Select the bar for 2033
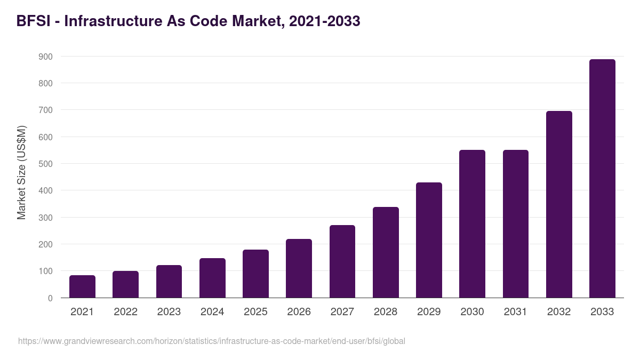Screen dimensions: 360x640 pyautogui.click(x=602, y=179)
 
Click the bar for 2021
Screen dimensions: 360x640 pyautogui.click(x=82, y=287)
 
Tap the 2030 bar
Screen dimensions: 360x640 pyautogui.click(x=472, y=224)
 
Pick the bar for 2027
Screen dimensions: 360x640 pyautogui.click(x=342, y=261)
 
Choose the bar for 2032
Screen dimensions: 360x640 pyautogui.click(x=559, y=204)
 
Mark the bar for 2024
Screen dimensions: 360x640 pyautogui.click(x=212, y=278)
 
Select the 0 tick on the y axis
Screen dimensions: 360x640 pyautogui.click(x=50, y=298)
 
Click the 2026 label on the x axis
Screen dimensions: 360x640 pyautogui.click(x=299, y=312)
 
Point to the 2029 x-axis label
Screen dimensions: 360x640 pyautogui.click(x=429, y=312)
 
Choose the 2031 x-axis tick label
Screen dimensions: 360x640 pyautogui.click(x=516, y=312)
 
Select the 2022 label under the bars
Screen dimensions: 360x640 pyautogui.click(x=125, y=312)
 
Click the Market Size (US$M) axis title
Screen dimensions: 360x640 pyautogui.click(x=21, y=172)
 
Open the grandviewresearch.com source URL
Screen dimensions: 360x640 pyautogui.click(x=212, y=341)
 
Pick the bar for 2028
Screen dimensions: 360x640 pyautogui.click(x=386, y=252)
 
